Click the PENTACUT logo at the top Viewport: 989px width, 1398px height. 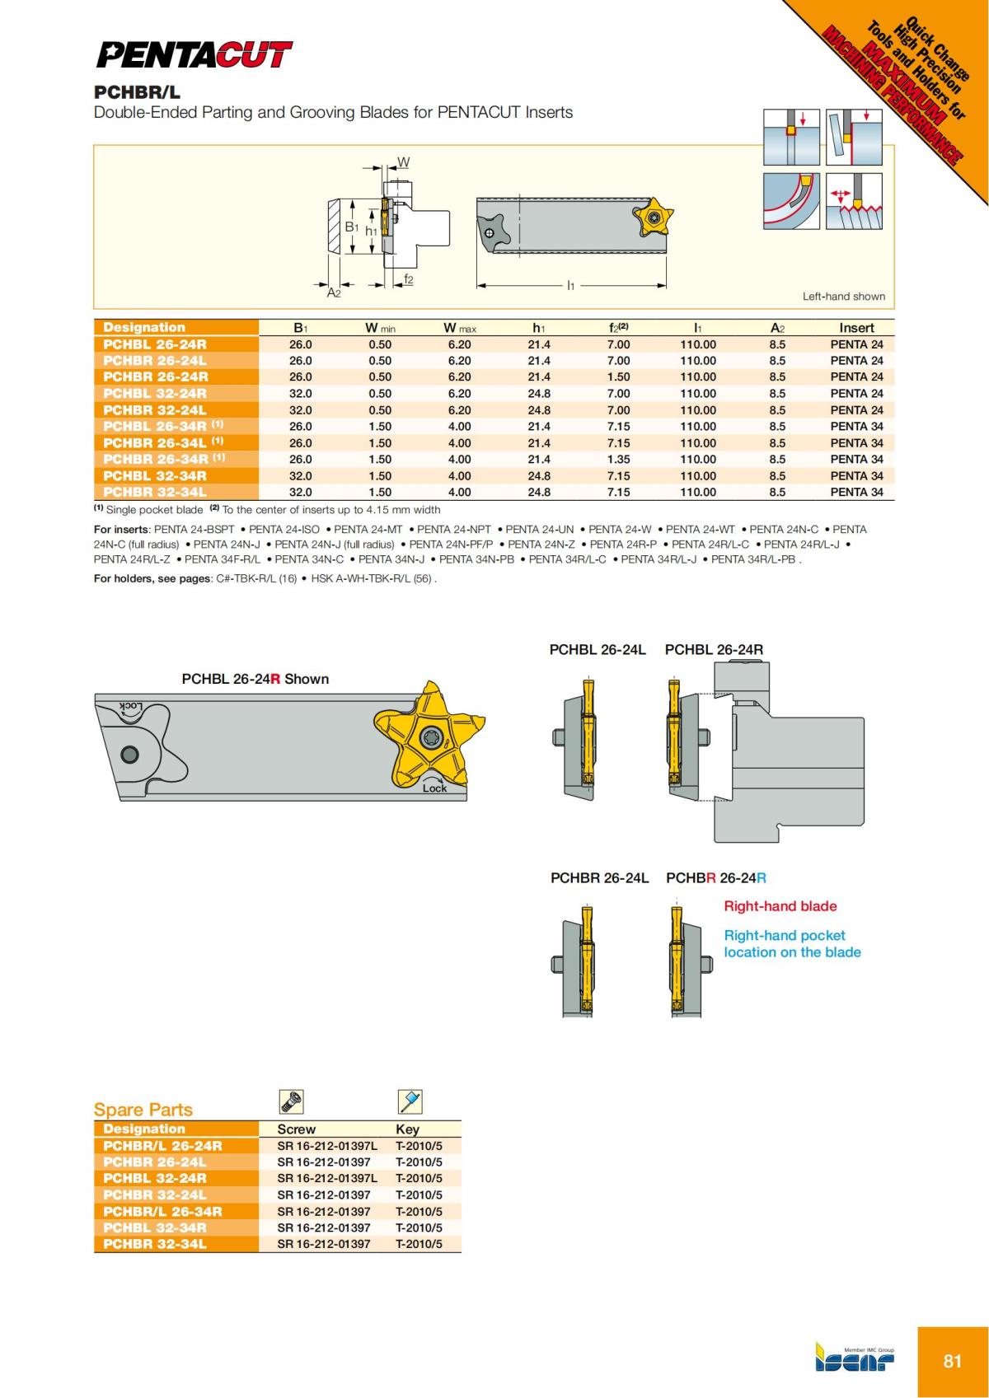click(194, 55)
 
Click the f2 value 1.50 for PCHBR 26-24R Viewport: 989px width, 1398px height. click(618, 376)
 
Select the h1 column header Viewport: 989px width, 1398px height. click(538, 328)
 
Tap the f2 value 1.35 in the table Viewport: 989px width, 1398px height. click(618, 459)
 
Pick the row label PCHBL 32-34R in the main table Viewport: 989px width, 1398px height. click(155, 475)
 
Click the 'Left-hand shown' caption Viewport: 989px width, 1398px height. click(843, 297)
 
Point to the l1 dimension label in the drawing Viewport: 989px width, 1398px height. click(570, 285)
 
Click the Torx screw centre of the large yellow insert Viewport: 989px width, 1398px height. click(430, 736)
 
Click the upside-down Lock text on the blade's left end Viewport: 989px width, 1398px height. click(130, 707)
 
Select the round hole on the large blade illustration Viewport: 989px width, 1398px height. click(129, 754)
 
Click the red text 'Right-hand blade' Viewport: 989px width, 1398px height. click(780, 906)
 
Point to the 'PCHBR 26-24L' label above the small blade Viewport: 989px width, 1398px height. click(599, 878)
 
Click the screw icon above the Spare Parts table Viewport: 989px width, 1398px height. click(292, 1101)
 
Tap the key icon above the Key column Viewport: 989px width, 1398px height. click(410, 1101)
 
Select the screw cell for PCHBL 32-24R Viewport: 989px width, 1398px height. click(326, 1178)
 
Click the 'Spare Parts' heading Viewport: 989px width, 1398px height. click(143, 1110)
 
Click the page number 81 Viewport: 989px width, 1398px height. click(952, 1361)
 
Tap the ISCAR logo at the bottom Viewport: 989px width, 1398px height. click(855, 1360)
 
